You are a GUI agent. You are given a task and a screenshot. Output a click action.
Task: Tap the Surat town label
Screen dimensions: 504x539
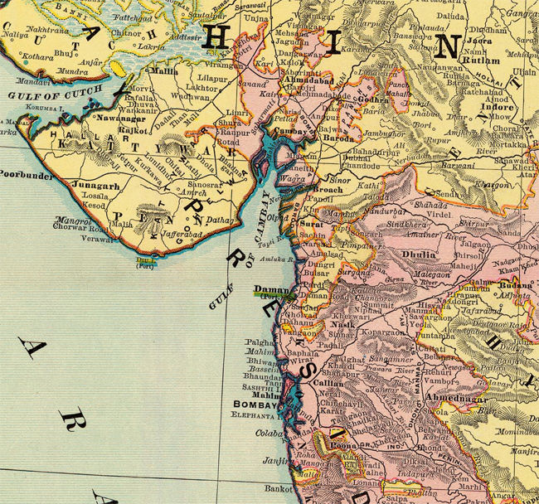point(312,223)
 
